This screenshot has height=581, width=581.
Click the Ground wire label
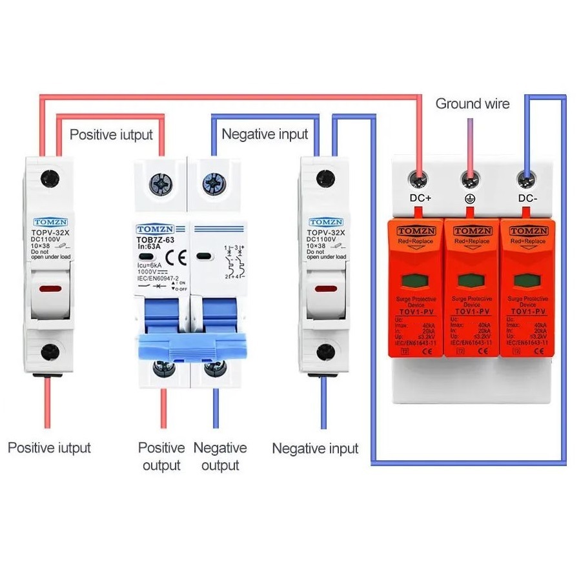[x=472, y=103]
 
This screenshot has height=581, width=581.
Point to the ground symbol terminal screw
[x=471, y=176]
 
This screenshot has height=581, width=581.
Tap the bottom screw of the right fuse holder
[x=324, y=352]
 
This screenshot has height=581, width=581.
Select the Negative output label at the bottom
[x=220, y=456]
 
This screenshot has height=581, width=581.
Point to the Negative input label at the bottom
[x=314, y=448]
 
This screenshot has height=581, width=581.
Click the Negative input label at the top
[x=265, y=134]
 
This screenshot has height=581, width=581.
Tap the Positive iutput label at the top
[x=111, y=134]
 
